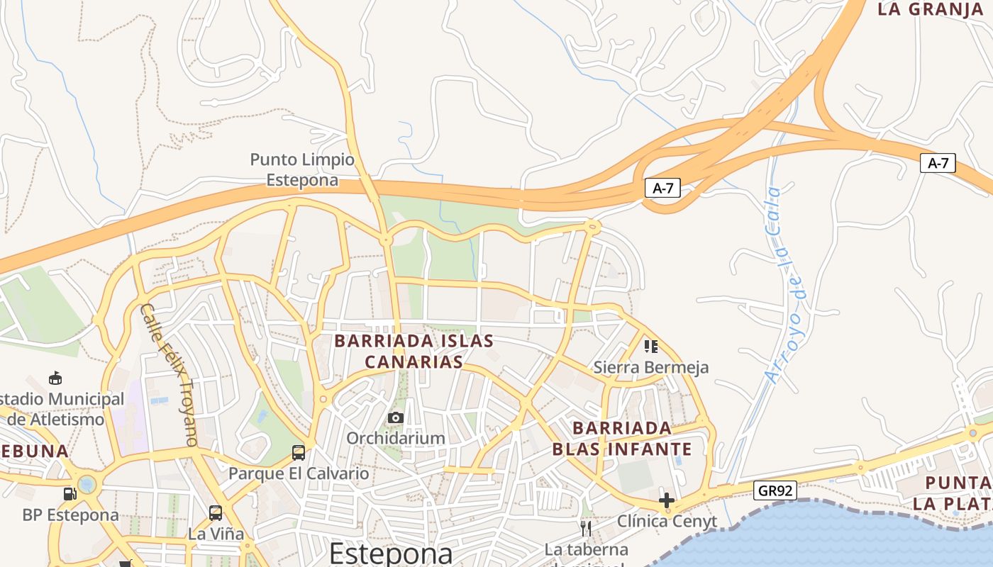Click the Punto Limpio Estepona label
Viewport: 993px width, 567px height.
click(302, 170)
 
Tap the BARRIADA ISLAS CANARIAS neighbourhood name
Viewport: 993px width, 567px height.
click(414, 352)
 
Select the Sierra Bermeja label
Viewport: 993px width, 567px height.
click(650, 367)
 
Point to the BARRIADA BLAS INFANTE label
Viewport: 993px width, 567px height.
click(621, 439)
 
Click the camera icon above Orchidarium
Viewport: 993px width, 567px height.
click(396, 418)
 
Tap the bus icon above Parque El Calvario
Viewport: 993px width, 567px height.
click(299, 452)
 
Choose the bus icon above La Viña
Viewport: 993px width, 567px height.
click(216, 512)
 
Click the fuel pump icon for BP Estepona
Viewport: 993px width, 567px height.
click(70, 494)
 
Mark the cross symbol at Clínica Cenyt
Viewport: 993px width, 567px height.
click(666, 500)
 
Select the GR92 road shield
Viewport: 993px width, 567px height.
click(775, 490)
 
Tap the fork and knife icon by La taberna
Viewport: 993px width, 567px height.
click(586, 528)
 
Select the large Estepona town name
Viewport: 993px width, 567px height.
click(391, 553)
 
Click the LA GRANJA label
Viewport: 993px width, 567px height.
click(930, 9)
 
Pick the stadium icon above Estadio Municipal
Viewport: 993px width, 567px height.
click(55, 378)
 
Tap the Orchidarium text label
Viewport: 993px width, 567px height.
click(395, 438)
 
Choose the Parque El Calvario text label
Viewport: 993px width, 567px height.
click(299, 473)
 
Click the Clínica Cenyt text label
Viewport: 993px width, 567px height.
click(667, 522)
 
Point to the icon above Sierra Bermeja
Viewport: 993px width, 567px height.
click(650, 346)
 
